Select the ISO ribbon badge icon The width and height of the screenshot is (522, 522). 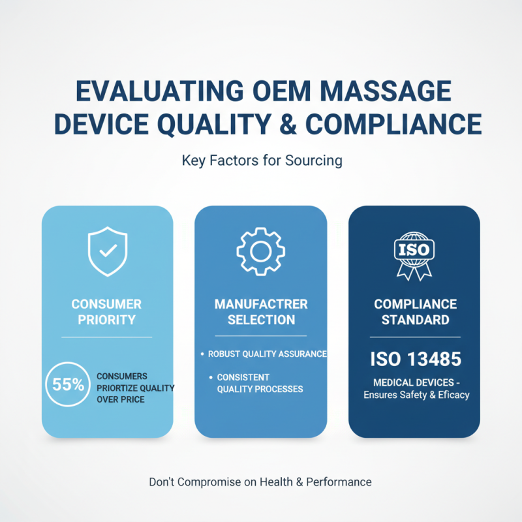[x=414, y=254]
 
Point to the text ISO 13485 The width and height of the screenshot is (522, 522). [x=414, y=359]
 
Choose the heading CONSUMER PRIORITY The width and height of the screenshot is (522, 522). [x=107, y=312]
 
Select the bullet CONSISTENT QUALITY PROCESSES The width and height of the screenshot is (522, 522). [x=258, y=383]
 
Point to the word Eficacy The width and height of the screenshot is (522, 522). [x=448, y=395]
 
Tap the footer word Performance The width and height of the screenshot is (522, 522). [x=338, y=482]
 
